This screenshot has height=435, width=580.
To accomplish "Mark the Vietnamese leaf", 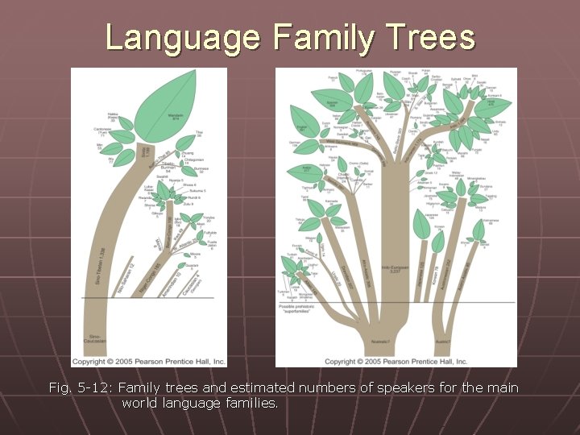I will [479, 232].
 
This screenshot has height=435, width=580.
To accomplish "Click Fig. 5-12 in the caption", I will [81, 388].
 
